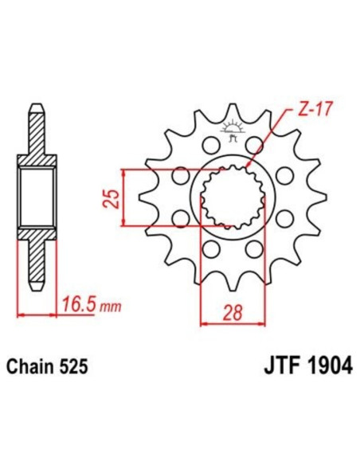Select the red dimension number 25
(x=113, y=197)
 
